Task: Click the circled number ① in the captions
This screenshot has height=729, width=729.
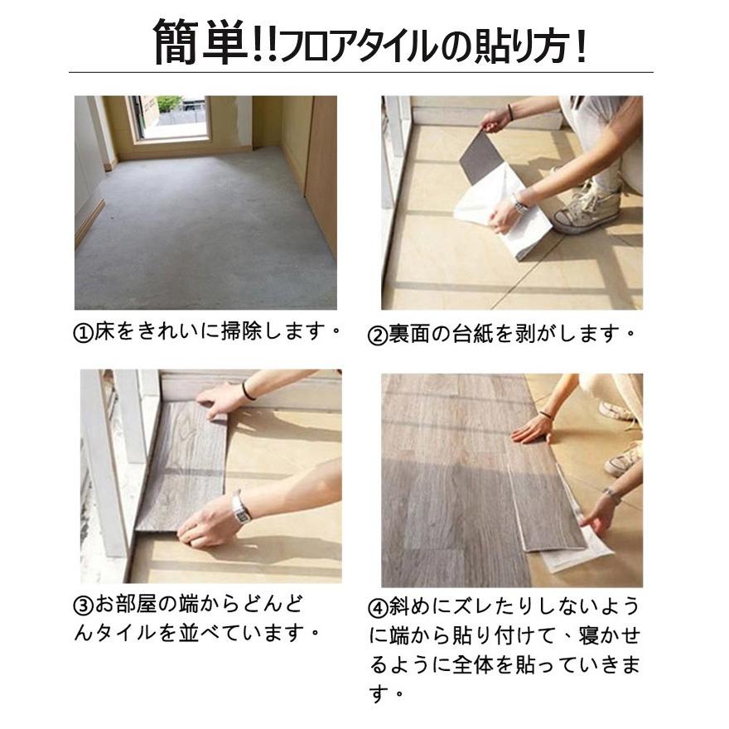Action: (82, 333)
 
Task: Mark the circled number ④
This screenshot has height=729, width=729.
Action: (377, 607)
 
